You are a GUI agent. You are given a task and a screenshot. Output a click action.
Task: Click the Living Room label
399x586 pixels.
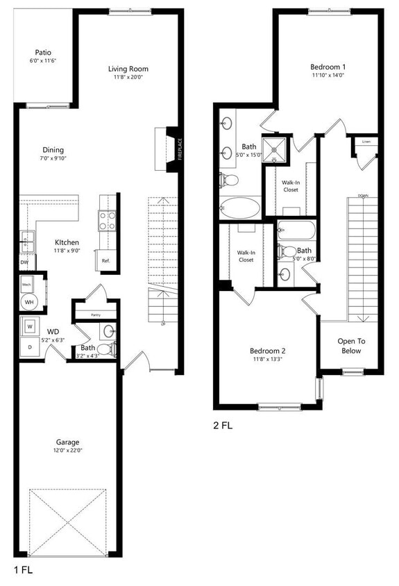point(128,69)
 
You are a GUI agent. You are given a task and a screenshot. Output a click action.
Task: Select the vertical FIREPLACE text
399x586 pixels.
point(179,149)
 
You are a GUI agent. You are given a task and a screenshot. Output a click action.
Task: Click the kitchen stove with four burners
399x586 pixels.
point(108,221)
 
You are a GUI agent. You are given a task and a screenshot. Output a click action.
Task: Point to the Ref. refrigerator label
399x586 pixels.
point(106,261)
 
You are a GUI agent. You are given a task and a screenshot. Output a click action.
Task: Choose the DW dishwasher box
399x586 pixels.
point(24,262)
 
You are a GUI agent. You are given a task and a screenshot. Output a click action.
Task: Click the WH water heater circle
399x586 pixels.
point(30,301)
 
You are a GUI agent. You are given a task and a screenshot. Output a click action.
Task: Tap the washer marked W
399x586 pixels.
point(31,325)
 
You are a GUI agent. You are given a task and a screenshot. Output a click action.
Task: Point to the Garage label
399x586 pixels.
point(68,442)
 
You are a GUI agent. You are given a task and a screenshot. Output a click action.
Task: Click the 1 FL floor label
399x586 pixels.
point(24,569)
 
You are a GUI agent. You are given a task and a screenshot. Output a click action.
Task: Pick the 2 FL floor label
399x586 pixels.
point(223,425)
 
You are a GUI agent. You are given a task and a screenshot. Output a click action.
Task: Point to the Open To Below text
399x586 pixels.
point(351,346)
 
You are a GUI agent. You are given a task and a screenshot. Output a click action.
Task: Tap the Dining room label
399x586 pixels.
point(53,149)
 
